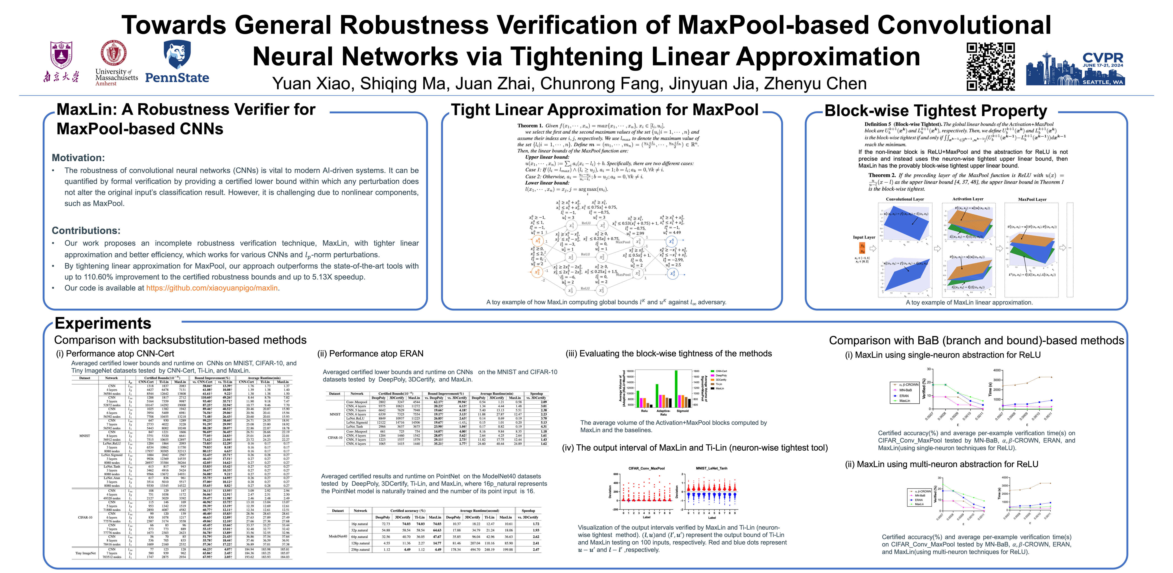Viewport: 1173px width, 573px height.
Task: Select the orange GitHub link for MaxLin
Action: [x=212, y=288]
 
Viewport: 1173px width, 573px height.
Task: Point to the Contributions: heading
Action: [x=86, y=230]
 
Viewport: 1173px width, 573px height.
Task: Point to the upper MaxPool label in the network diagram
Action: [x=623, y=242]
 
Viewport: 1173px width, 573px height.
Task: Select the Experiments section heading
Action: [x=103, y=324]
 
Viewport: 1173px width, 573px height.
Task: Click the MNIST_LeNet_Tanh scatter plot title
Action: [x=711, y=468]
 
